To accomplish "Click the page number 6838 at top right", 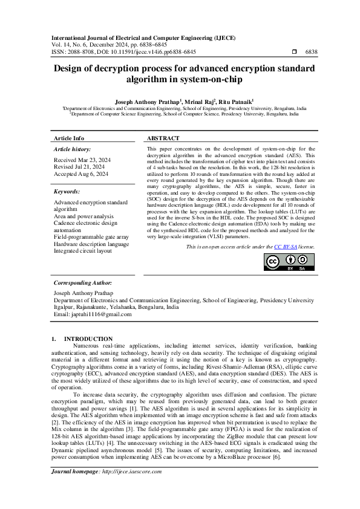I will pos(311,53).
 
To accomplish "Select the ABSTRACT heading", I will pos(163,138).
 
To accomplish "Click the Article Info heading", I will pos(69,138).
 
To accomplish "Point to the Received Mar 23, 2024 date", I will pos(81,160).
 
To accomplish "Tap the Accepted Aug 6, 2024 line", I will pos(81,174).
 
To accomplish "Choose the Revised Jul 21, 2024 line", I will pos(79,167).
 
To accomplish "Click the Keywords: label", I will pos(68,192).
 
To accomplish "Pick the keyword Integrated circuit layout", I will pos(83,250).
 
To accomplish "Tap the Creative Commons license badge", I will pos(289,262).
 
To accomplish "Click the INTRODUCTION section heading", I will pos(88,339).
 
